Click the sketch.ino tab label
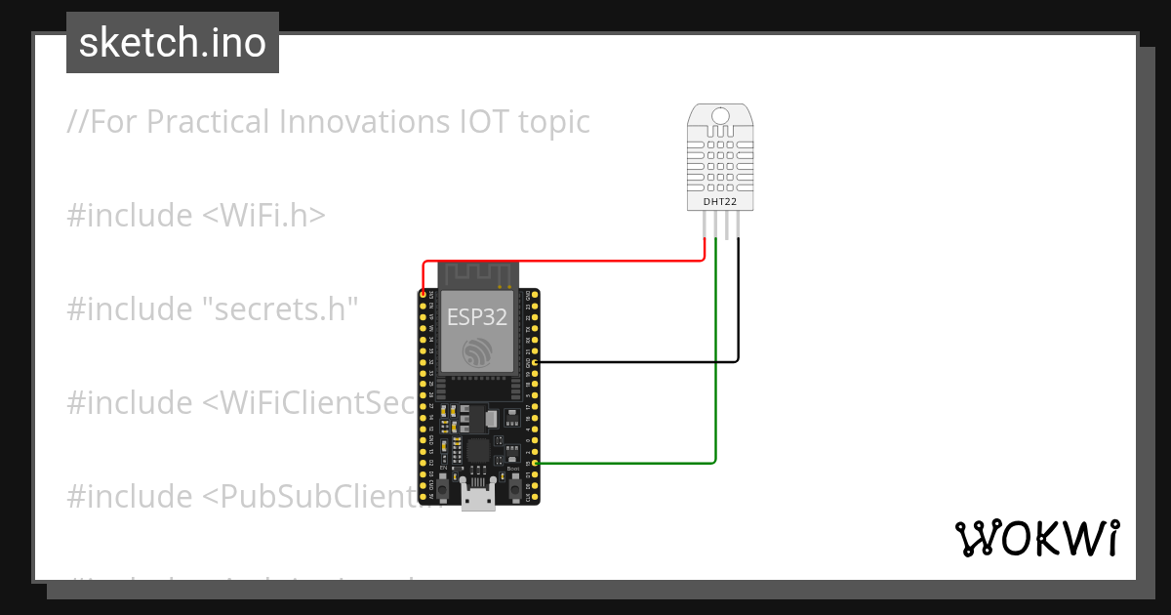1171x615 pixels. point(172,43)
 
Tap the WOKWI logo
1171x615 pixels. point(1035,538)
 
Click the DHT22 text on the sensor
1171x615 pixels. point(721,202)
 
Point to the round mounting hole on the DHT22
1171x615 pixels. point(721,116)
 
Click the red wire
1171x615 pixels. point(566,261)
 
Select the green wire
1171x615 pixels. point(716,390)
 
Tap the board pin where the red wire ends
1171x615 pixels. point(424,294)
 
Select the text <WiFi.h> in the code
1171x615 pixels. point(263,216)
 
